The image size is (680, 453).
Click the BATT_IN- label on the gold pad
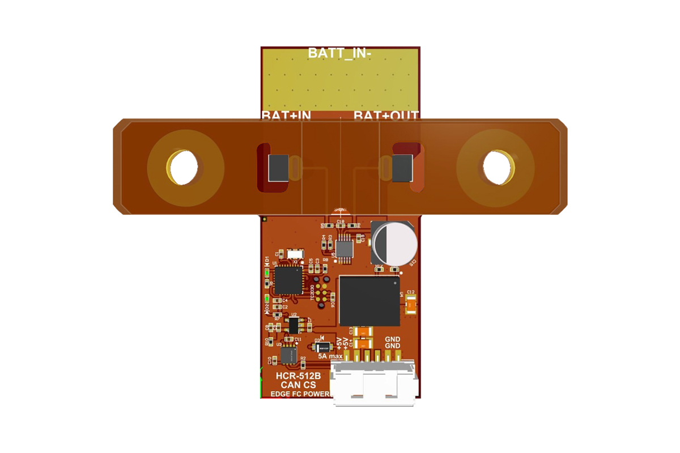tap(339, 54)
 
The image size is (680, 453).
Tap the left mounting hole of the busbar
tap(183, 167)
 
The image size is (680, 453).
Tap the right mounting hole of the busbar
tap(497, 167)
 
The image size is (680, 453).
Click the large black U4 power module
tap(369, 301)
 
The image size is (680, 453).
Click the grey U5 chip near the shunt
tap(344, 247)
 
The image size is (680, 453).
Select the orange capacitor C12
tap(411, 306)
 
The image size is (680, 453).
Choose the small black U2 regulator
tap(294, 324)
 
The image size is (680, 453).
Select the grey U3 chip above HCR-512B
tap(288, 356)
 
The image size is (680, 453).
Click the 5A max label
tap(330, 356)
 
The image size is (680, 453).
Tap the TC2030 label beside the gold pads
tap(313, 292)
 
